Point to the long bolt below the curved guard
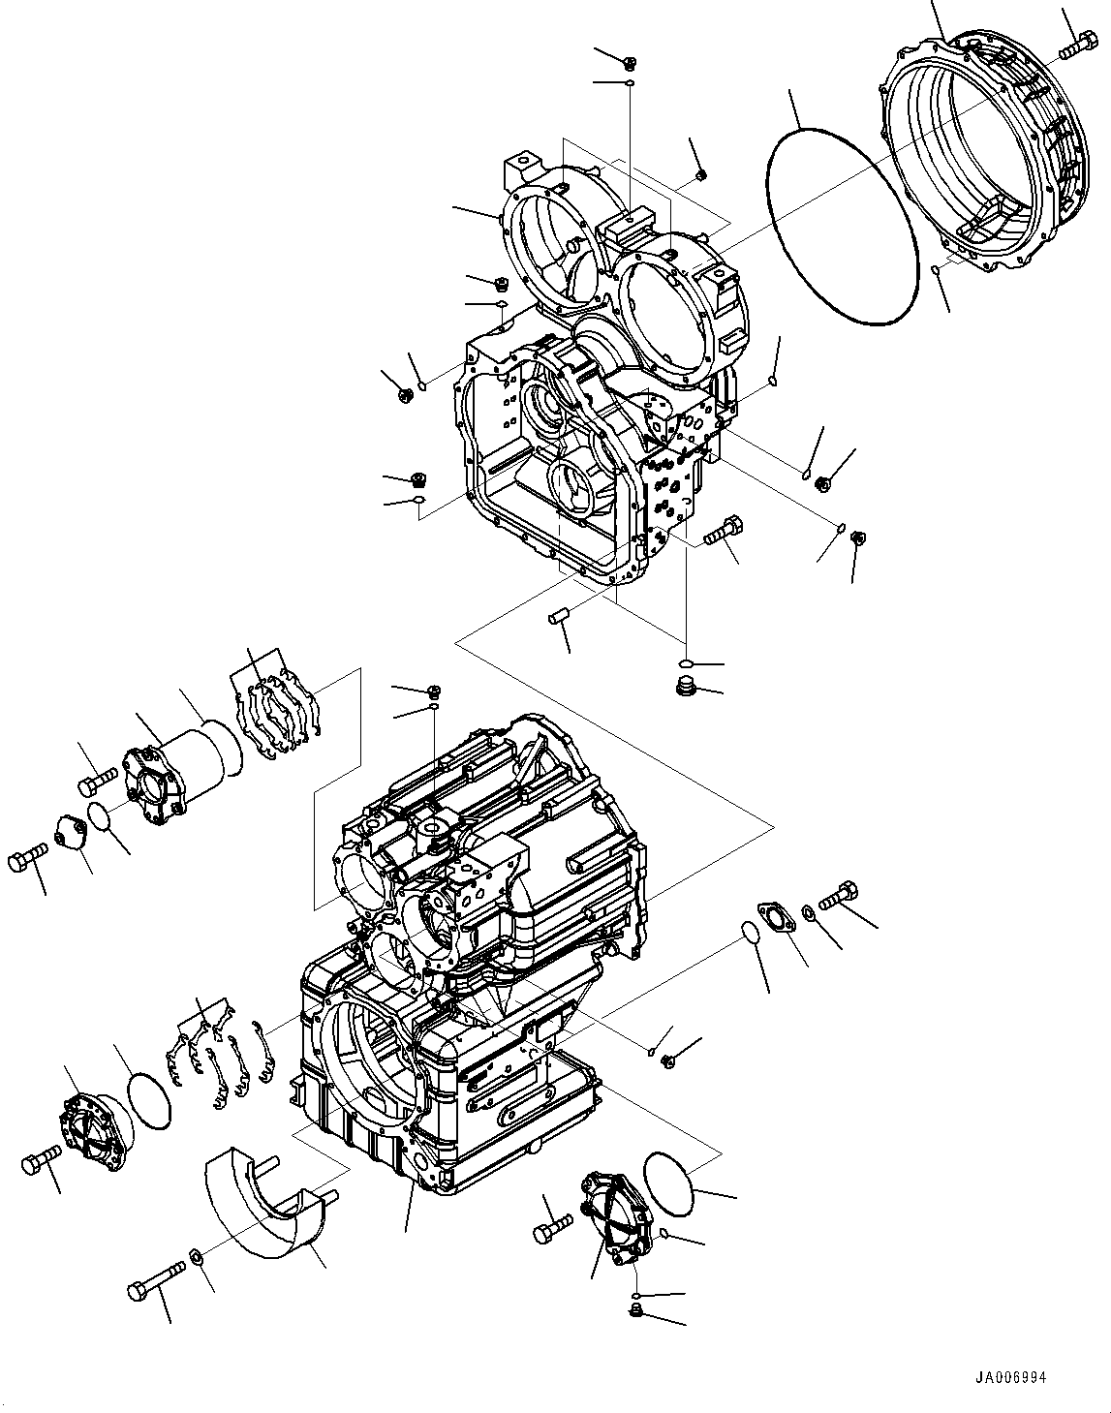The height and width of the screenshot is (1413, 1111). [155, 1278]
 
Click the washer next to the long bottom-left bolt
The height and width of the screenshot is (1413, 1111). [195, 1257]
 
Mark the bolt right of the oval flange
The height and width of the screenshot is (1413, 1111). [838, 896]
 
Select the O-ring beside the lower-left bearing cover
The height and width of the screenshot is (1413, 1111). [149, 1101]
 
